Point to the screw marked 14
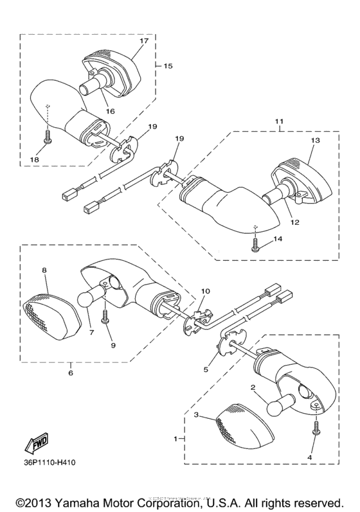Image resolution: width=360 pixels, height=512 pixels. tap(256, 245)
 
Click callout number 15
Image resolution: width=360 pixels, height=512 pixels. tap(168, 66)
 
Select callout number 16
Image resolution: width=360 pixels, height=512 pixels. tap(110, 110)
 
